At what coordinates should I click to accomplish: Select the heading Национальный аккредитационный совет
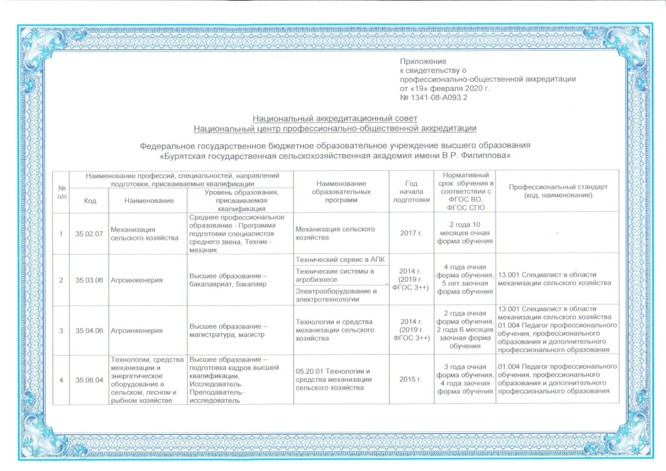(334, 119)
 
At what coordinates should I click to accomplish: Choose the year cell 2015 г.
(411, 379)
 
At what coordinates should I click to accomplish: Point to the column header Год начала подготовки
(411, 192)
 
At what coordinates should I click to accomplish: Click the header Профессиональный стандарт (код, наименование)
(557, 192)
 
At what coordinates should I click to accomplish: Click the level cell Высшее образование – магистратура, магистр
(227, 330)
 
